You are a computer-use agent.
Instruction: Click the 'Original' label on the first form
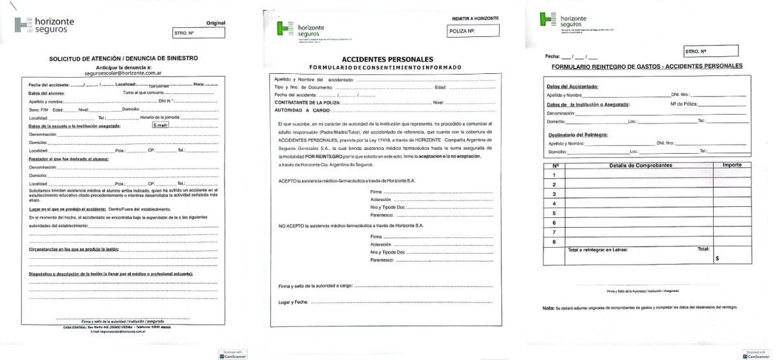click(x=215, y=23)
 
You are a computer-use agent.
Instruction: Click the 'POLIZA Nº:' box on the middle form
click(x=473, y=31)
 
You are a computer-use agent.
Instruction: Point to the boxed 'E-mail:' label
click(x=160, y=125)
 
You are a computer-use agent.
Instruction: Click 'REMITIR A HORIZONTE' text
click(x=477, y=19)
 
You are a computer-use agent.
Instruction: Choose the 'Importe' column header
click(x=732, y=165)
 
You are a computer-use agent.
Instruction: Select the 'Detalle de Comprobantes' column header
click(x=641, y=165)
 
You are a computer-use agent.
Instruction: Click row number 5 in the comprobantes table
click(x=554, y=213)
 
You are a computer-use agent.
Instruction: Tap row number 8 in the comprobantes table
click(x=554, y=242)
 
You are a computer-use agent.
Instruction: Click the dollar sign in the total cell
click(x=717, y=258)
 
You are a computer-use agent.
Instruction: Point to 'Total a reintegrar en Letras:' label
click(x=597, y=249)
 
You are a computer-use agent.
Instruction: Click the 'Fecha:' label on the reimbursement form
click(x=553, y=57)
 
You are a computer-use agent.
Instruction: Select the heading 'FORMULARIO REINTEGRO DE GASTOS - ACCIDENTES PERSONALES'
click(x=647, y=66)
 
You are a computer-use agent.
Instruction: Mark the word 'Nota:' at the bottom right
click(x=548, y=307)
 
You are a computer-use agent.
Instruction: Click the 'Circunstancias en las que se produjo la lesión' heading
click(x=73, y=249)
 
